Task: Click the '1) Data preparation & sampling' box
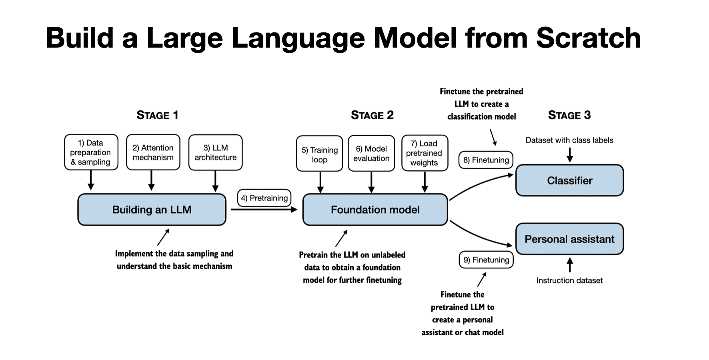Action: click(91, 152)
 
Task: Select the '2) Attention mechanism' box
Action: click(153, 152)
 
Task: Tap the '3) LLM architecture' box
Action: click(215, 152)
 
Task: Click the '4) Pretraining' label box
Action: click(264, 198)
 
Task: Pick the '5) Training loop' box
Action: click(319, 154)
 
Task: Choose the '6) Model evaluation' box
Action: click(371, 154)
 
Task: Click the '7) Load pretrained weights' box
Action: click(424, 153)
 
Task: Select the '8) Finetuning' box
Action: click(486, 160)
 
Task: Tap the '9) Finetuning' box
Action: click(486, 260)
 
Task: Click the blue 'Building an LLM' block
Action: click(152, 210)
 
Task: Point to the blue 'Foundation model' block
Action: click(375, 210)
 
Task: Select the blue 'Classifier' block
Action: click(569, 180)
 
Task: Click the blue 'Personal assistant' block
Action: click(569, 239)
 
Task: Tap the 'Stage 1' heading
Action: click(157, 115)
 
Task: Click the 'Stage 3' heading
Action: click(569, 115)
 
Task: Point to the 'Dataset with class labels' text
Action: click(569, 140)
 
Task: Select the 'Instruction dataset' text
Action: click(569, 280)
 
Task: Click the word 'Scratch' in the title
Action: click(588, 38)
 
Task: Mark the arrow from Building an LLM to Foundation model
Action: click(264, 209)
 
